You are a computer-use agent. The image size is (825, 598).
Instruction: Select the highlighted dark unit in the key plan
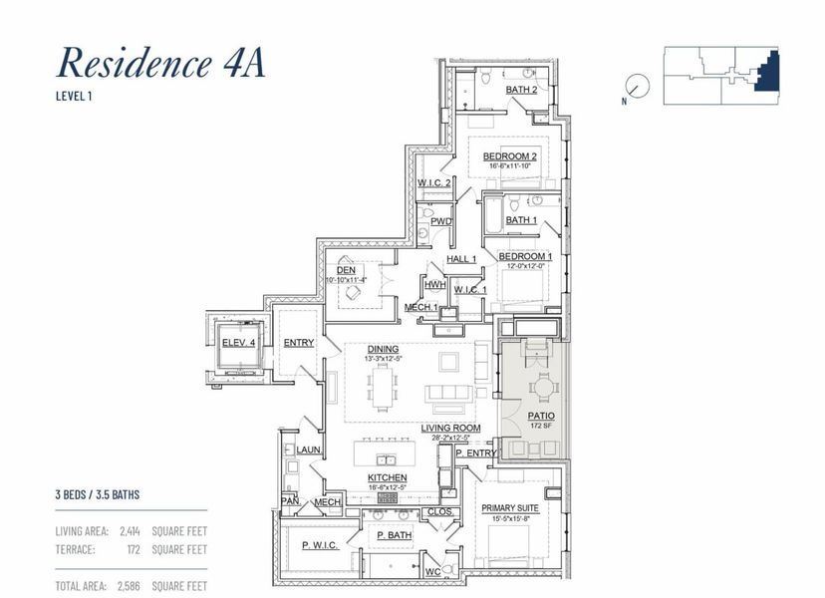click(768, 73)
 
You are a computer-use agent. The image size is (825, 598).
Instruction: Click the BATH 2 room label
click(521, 90)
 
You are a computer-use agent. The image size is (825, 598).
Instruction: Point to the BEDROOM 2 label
click(510, 156)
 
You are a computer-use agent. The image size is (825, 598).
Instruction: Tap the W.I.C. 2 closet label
click(434, 183)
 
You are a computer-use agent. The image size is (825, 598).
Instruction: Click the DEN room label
click(346, 270)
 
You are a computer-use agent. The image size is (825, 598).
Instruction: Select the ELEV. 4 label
click(239, 343)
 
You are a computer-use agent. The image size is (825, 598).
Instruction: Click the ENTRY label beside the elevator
click(299, 343)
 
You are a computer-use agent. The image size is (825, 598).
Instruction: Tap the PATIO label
click(542, 416)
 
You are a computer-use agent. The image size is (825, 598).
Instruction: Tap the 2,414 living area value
click(130, 531)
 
